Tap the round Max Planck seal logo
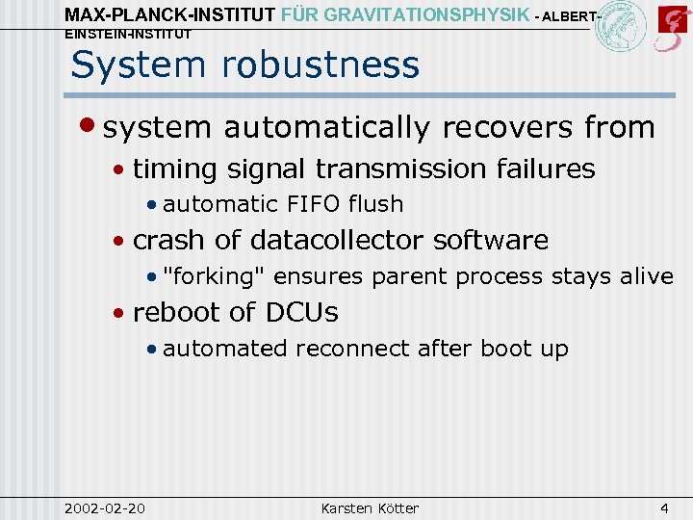coord(621,27)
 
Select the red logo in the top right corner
coord(671,27)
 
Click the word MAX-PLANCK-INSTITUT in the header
coord(168,14)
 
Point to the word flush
coord(375,204)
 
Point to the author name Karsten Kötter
coord(371,507)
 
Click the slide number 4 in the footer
coord(664,507)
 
